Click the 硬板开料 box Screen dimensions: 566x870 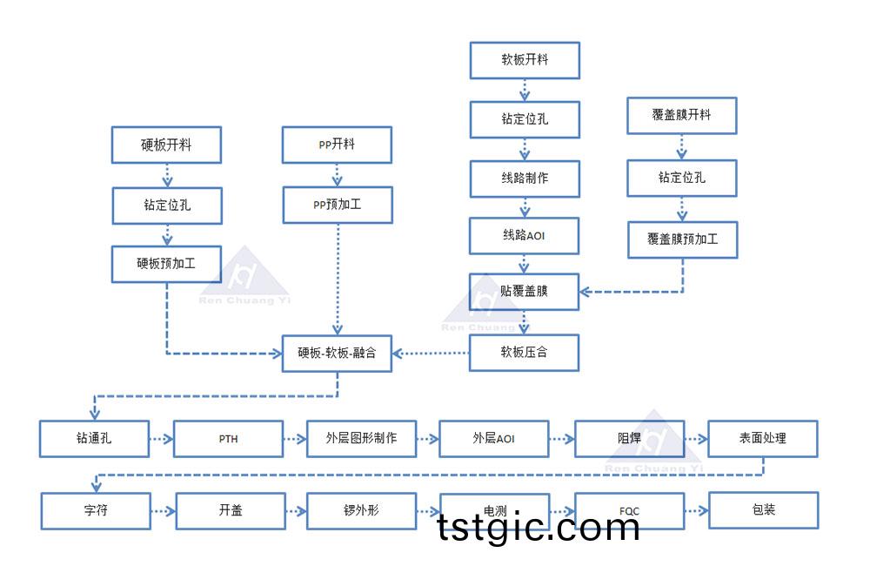point(165,145)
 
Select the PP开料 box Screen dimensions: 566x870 point(337,145)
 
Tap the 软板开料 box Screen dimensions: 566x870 point(525,60)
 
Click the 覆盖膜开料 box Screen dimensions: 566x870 point(682,115)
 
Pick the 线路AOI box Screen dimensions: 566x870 point(525,235)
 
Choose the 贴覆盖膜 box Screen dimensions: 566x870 point(525,292)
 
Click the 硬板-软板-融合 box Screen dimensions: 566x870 point(337,354)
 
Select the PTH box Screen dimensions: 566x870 point(228,439)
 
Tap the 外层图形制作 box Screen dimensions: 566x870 point(361,439)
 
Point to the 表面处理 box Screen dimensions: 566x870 point(763,439)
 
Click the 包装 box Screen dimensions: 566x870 point(763,510)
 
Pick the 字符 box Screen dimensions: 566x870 point(96,510)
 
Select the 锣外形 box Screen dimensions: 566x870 point(361,510)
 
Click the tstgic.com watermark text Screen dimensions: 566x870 point(539,527)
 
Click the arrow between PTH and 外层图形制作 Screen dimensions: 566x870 point(295,439)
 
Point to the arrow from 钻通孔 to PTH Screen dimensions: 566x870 point(162,439)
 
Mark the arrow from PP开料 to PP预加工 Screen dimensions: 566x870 point(337,175)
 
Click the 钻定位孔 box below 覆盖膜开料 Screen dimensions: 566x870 point(682,178)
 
